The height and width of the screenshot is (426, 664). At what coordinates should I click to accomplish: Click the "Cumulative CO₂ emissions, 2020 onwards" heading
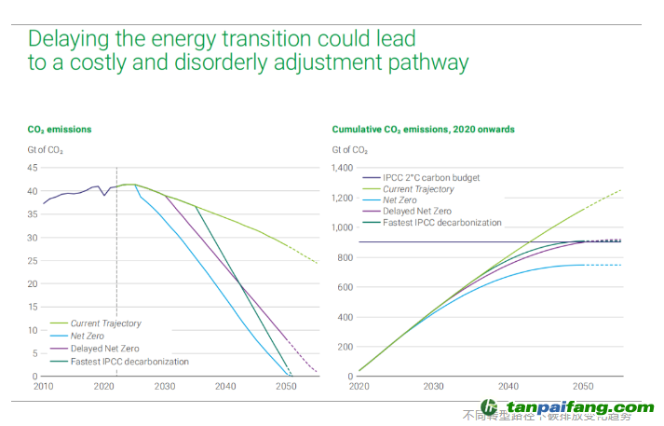pyautogui.click(x=423, y=130)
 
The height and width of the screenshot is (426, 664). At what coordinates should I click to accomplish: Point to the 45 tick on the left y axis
pyautogui.click(x=32, y=168)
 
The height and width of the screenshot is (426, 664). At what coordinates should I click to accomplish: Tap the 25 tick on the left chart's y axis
pyautogui.click(x=32, y=260)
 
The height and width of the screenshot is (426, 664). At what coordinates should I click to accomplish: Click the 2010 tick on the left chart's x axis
pyautogui.click(x=43, y=386)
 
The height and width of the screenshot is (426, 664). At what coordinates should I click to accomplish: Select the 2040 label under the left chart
pyautogui.click(x=225, y=386)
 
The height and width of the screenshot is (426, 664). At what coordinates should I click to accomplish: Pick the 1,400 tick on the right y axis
pyautogui.click(x=343, y=168)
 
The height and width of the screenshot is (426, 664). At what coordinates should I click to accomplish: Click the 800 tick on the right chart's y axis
pyautogui.click(x=346, y=257)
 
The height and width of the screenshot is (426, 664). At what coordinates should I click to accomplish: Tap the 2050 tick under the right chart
pyautogui.click(x=583, y=386)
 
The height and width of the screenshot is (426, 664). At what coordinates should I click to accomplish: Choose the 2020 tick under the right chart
pyautogui.click(x=359, y=386)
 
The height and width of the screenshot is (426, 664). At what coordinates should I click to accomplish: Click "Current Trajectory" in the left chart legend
pyautogui.click(x=106, y=323)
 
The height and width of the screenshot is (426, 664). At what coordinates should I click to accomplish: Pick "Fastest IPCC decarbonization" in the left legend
pyautogui.click(x=129, y=362)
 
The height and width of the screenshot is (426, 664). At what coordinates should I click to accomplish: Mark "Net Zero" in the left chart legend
pyautogui.click(x=88, y=337)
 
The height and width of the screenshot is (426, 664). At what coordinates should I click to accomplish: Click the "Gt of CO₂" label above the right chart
pyautogui.click(x=350, y=149)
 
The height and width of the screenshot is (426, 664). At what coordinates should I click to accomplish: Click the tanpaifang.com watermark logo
pyautogui.click(x=567, y=408)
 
